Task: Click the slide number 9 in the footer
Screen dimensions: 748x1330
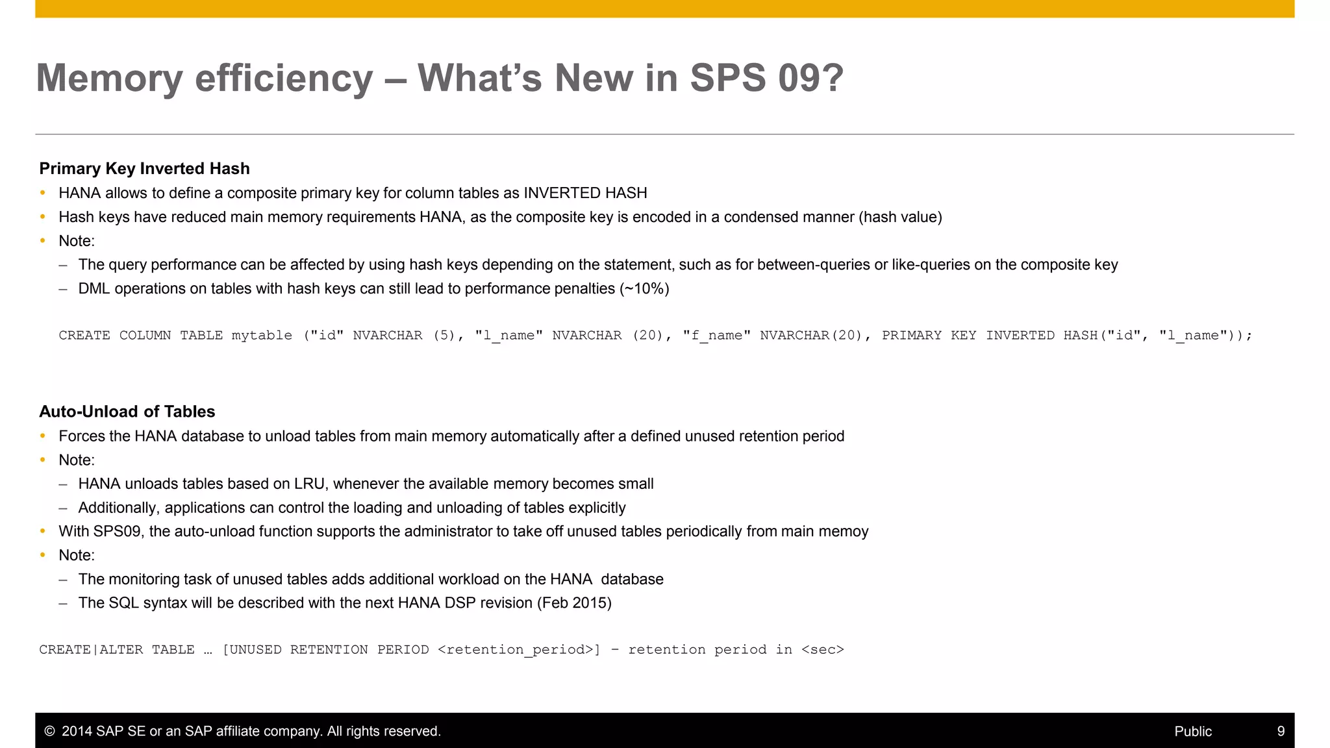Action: point(1281,731)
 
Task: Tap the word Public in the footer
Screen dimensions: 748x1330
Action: point(1192,731)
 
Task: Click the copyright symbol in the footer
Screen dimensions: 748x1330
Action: point(49,731)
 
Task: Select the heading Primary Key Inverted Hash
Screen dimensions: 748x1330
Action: point(144,169)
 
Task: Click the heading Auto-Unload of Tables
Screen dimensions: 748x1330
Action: point(127,412)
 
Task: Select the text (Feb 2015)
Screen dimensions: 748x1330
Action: point(574,603)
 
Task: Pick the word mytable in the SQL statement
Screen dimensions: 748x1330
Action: point(262,336)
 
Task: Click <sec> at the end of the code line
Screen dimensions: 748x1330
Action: point(822,650)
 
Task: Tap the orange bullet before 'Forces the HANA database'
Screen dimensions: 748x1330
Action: point(43,436)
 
